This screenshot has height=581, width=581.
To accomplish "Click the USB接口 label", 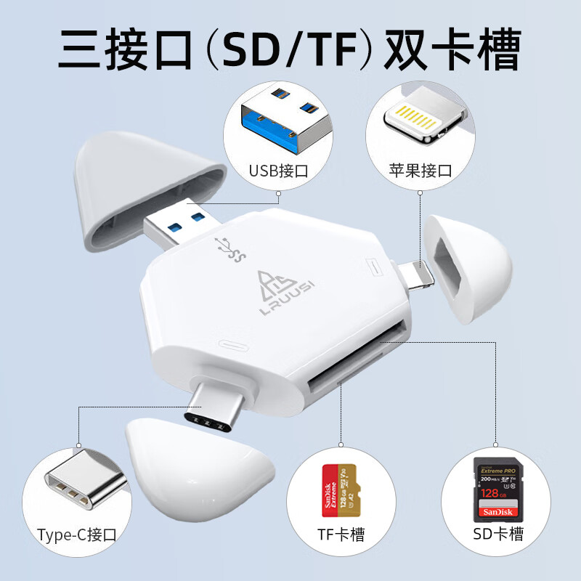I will [x=279, y=172].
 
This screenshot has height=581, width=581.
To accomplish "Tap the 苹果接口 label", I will [x=420, y=171].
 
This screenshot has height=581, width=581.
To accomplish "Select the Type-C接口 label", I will [x=77, y=535].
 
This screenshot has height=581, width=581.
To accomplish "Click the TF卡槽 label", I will [x=341, y=535].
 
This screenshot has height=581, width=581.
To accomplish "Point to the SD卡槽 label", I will [x=497, y=535].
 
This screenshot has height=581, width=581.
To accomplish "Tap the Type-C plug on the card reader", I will [x=214, y=406].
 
